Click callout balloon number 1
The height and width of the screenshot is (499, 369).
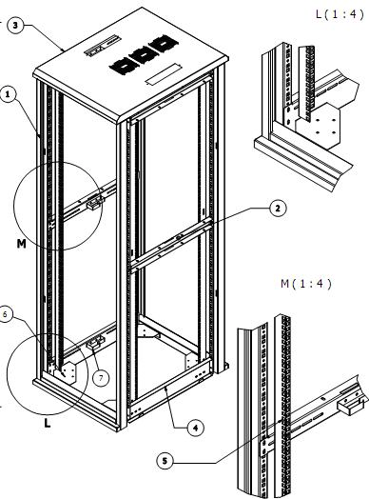point(8,94)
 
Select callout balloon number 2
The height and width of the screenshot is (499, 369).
point(278,209)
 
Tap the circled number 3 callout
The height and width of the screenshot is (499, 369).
point(15,25)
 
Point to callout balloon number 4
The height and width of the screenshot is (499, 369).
point(195,428)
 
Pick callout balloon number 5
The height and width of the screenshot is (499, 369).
point(165,461)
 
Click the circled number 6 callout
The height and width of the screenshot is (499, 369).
point(6,314)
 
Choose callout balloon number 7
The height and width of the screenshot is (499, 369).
point(101,378)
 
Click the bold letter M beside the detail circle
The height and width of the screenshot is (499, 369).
point(21,244)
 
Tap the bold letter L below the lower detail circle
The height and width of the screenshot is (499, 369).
point(48,423)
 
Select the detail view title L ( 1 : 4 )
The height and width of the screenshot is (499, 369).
point(340,14)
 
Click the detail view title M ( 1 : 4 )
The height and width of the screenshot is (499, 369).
point(306,283)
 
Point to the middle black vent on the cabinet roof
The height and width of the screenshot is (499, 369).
point(143,54)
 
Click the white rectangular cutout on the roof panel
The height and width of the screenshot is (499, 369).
point(164,74)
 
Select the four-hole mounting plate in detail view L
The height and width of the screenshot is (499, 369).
point(324,126)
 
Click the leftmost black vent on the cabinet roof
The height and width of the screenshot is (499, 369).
point(122,67)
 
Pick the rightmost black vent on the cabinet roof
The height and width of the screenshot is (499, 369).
point(164,45)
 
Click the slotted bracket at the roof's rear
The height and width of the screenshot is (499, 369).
point(100,46)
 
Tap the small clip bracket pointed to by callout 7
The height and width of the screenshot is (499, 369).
point(94,343)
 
